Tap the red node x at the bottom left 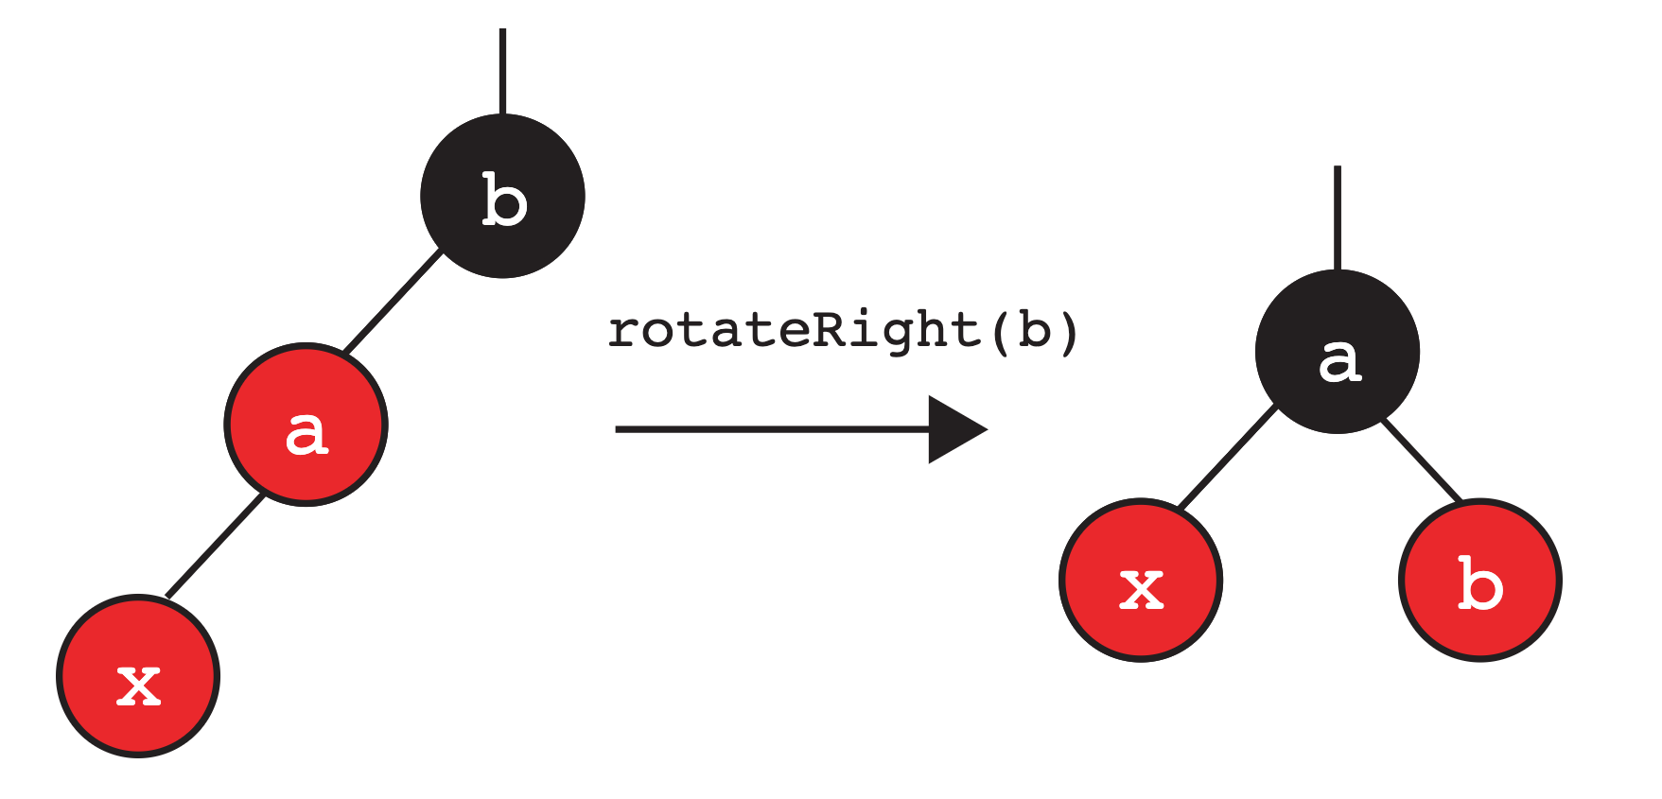click(x=138, y=675)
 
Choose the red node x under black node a click(x=1141, y=580)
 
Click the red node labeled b click(x=1479, y=580)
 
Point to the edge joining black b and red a click(x=393, y=301)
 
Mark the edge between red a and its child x click(x=215, y=547)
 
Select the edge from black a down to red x click(x=1228, y=458)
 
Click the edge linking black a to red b click(x=1421, y=460)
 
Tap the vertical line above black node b click(x=502, y=71)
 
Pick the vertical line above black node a click(x=1337, y=217)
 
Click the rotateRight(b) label click(x=842, y=331)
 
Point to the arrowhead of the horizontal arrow click(x=955, y=429)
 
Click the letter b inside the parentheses click(x=1034, y=330)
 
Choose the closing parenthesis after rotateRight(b click(x=1069, y=332)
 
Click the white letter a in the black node click(x=1339, y=360)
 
